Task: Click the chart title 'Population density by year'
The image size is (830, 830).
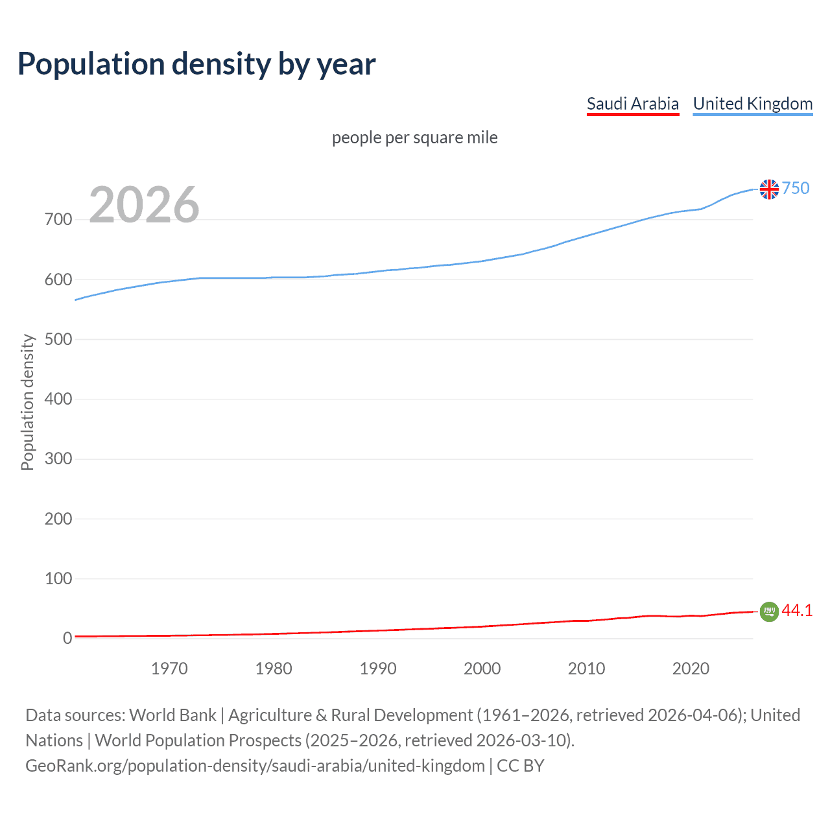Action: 196,64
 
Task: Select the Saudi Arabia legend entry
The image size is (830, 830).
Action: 632,104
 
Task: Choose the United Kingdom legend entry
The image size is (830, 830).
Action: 752,104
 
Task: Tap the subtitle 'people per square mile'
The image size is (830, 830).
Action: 414,137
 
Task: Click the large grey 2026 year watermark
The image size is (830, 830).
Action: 144,205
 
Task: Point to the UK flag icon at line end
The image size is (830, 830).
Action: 769,189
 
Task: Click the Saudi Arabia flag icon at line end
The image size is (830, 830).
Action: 769,611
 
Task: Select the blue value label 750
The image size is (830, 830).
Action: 796,188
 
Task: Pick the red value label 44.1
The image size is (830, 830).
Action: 797,610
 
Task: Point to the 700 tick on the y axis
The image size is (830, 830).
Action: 58,220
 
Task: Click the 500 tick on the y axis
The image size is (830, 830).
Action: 58,339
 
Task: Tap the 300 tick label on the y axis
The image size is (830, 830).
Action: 58,459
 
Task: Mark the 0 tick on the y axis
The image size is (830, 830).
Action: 67,638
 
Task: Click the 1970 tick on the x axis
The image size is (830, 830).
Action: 169,669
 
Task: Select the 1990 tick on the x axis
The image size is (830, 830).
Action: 378,669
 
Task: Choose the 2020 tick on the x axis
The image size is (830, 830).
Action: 691,669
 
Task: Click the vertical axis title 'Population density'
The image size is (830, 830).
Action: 27,402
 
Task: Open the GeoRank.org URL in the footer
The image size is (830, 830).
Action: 255,766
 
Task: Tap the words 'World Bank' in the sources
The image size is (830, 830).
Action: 172,715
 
